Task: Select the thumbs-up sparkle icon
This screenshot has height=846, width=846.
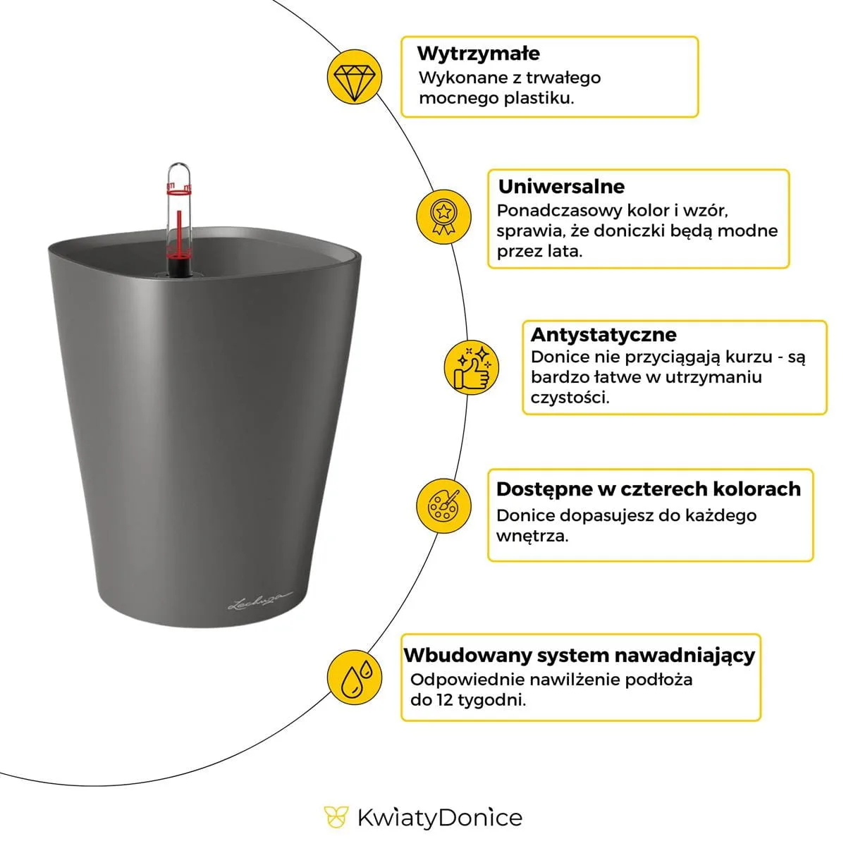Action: (471, 367)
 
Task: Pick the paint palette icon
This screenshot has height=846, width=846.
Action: (443, 505)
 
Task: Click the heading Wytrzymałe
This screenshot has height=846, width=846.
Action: (478, 54)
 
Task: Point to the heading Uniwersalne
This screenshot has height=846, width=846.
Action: (561, 187)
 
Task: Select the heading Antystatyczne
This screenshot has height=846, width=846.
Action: (603, 334)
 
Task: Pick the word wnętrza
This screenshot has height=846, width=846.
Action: (530, 536)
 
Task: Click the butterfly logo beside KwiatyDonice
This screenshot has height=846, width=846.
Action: (336, 818)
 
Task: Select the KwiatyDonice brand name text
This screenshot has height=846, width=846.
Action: (440, 818)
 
